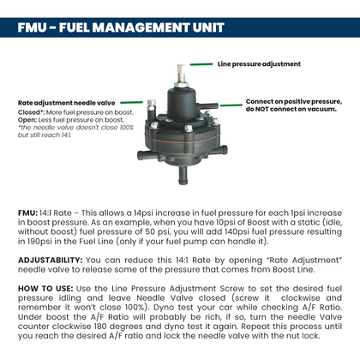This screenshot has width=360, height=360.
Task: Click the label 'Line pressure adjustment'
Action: pyautogui.click(x=259, y=63)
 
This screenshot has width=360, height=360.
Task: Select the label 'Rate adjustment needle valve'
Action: pyautogui.click(x=66, y=103)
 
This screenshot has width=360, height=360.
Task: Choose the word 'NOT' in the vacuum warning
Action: pyautogui.click(x=264, y=111)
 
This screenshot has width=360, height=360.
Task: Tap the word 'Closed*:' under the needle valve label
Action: pyautogui.click(x=33, y=111)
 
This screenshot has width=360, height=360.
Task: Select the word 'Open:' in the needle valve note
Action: pyautogui.click(x=28, y=119)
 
